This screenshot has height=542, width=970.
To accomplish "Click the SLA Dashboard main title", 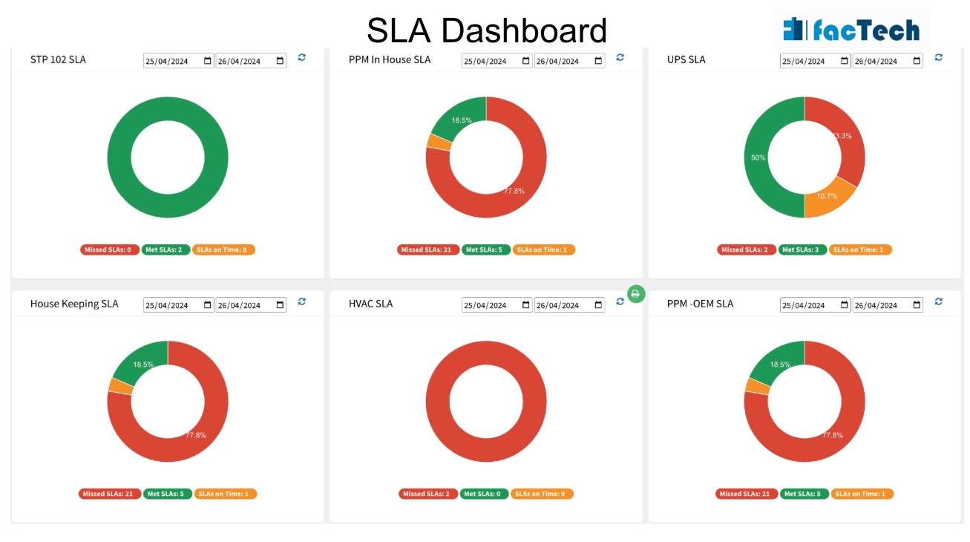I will coord(487,30).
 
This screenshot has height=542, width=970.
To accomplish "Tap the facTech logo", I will coord(851,30).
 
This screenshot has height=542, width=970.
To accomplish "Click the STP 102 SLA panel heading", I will coord(58,59).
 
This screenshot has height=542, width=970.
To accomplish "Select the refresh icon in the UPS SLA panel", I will coord(939,57).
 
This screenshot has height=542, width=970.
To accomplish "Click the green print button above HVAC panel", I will coord(635,294).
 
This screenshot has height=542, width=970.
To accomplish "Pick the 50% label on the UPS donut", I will coord(758,157).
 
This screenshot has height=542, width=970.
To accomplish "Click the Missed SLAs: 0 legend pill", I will coord(110,249).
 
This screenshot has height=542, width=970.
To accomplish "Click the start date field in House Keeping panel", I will coord(178,305).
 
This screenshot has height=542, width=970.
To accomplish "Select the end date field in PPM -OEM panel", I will coord(888,305).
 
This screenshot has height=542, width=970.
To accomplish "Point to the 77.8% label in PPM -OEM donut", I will coord(833,435).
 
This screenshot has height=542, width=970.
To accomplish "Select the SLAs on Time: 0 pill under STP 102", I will coord(223,249).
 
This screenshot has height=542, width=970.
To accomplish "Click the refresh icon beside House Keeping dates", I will coord(302,301).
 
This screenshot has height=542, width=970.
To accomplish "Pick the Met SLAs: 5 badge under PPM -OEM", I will coord(804,494).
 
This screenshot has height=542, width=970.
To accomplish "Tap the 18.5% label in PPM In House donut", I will coord(462,120).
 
